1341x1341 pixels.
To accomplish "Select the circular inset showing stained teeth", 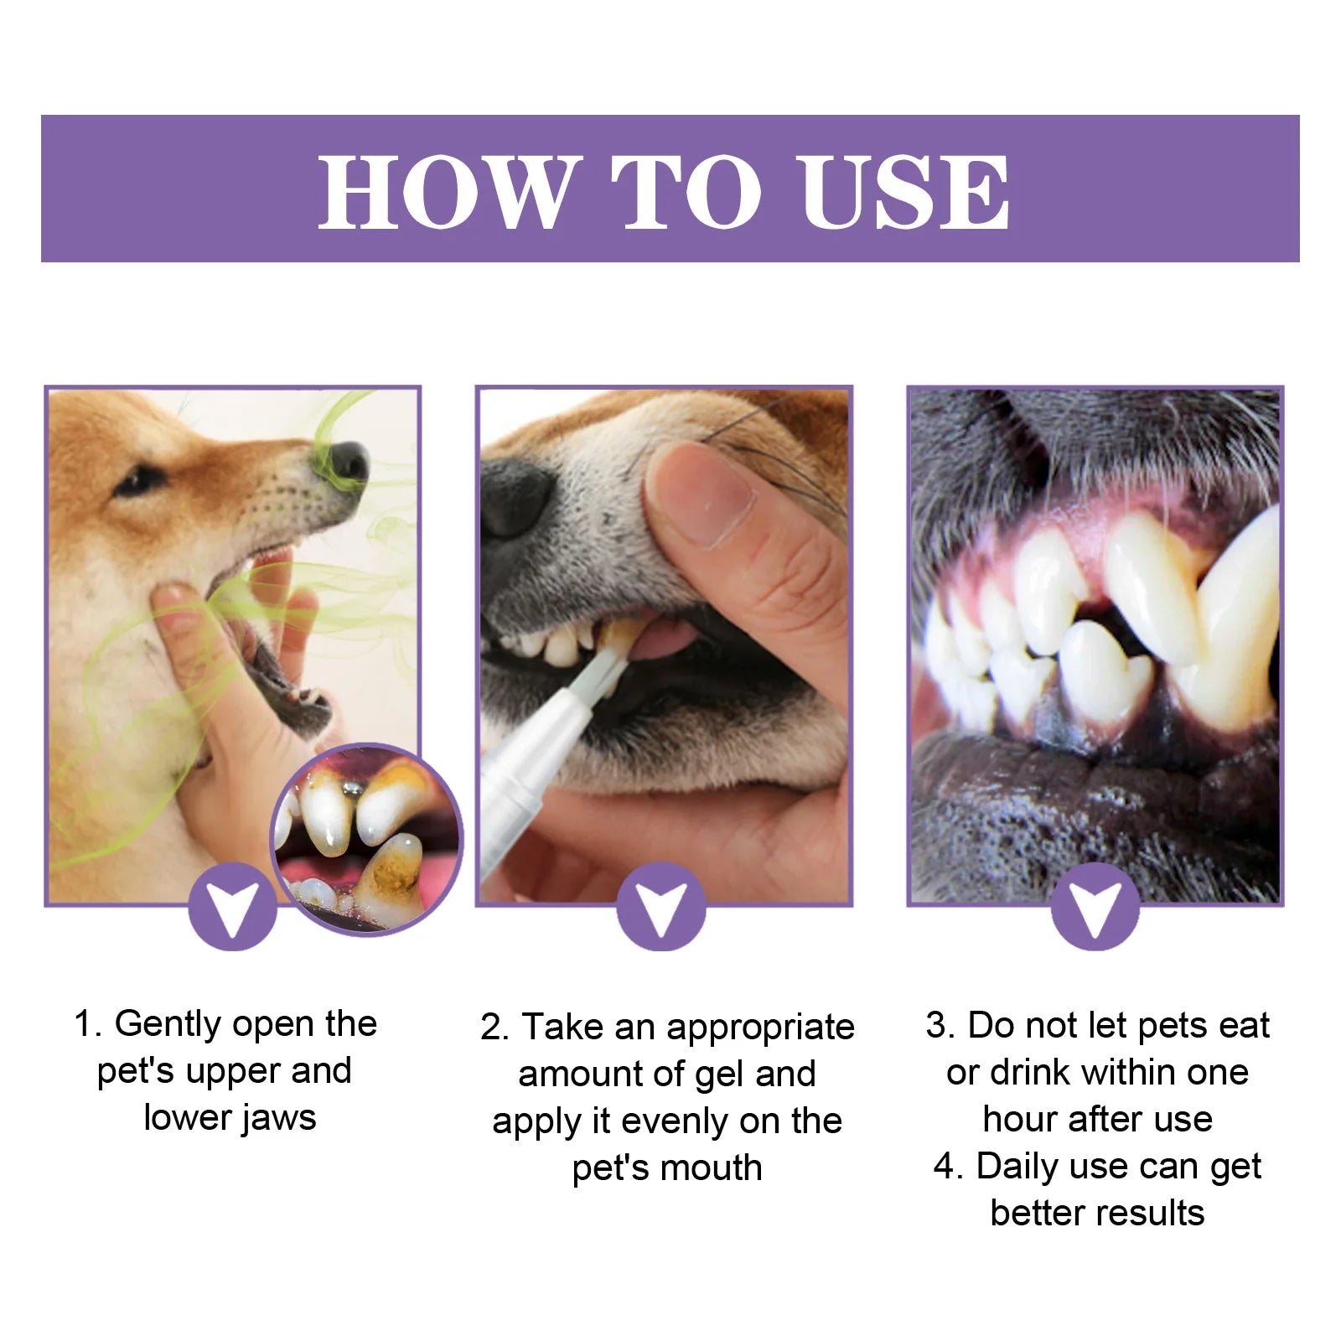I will coord(367,838).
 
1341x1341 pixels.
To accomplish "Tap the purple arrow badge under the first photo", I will coord(233,907).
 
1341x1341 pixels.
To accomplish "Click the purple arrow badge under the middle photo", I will coord(661,907).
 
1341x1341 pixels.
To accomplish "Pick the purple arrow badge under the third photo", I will coord(1095,907).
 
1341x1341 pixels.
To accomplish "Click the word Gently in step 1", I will coord(168,1024).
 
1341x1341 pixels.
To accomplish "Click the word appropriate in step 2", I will coord(759,1028).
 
